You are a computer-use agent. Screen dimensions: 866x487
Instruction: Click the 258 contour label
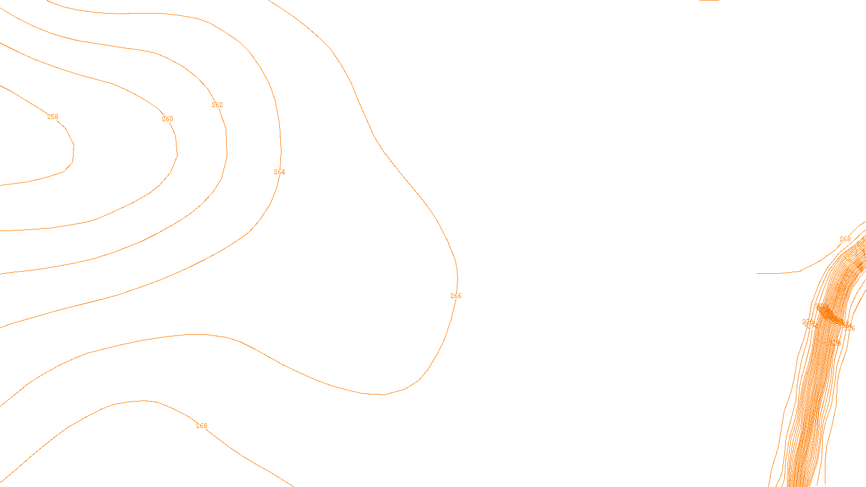point(53,117)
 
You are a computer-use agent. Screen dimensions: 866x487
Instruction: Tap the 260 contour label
point(168,119)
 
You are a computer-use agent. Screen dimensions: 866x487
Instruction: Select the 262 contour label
point(217,105)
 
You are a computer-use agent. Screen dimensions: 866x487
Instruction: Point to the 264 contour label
point(279,172)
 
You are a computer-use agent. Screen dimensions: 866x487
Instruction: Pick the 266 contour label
point(456,296)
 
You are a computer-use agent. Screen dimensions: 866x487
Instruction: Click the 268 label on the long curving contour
point(201,426)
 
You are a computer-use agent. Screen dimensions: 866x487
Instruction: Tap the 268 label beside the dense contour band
point(845,239)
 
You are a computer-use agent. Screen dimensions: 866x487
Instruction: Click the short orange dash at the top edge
point(709,1)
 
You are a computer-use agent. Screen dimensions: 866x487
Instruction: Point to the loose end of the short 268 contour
point(757,273)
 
